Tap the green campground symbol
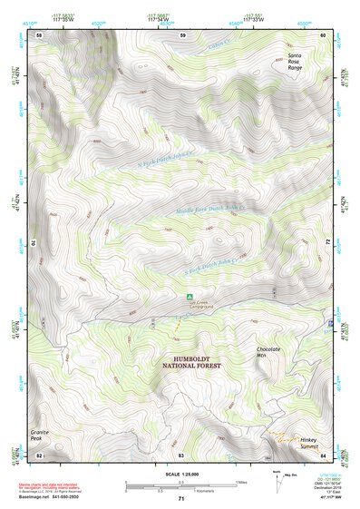tap(190, 296)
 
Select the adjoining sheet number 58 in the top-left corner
tap(39, 34)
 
